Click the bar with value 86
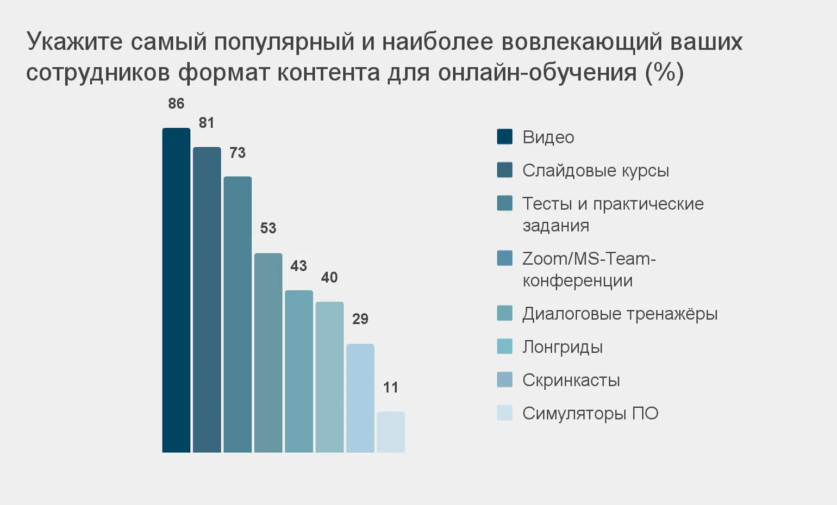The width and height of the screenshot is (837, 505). point(176,290)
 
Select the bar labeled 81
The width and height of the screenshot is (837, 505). point(207,300)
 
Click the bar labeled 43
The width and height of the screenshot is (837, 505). point(299,371)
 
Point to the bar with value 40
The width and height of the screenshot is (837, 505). point(329,377)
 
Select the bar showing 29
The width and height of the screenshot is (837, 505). point(360,398)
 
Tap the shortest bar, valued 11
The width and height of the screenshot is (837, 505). point(391,432)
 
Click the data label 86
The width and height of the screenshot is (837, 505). point(176,104)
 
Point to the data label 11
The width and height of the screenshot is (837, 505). point(391,388)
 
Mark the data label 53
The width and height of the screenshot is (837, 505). point(268,228)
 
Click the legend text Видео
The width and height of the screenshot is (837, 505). point(548,137)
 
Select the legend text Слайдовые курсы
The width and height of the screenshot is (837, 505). point(595,171)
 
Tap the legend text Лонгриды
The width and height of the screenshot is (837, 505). point(563,347)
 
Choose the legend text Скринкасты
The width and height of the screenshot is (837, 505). point(571,380)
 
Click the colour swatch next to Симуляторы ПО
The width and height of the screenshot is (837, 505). point(504,413)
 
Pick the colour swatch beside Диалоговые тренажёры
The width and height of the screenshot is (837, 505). point(504,314)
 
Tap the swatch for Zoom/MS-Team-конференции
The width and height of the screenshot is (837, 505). point(504,258)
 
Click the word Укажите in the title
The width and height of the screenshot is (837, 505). point(74,42)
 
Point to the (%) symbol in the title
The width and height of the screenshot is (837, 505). point(664,72)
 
